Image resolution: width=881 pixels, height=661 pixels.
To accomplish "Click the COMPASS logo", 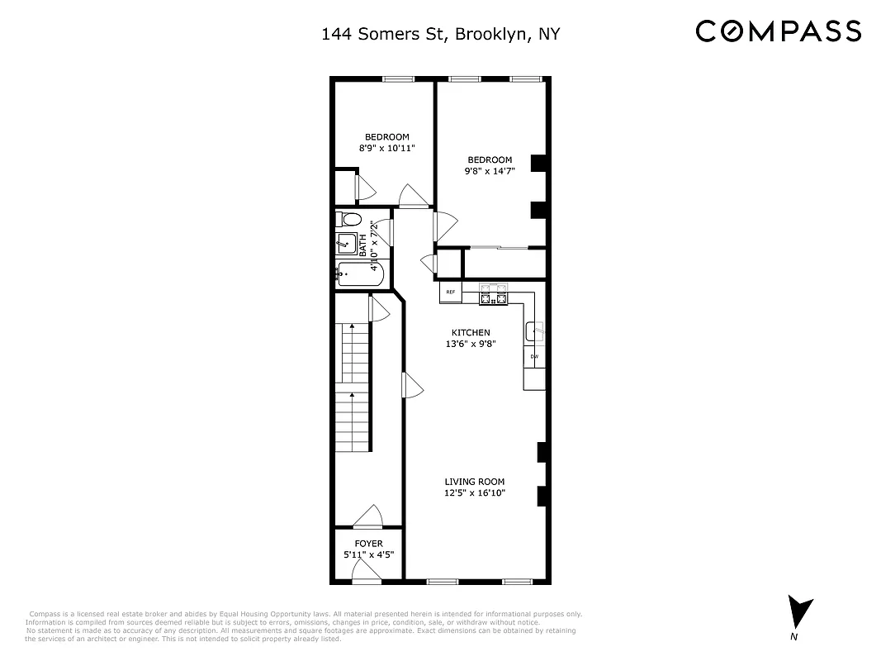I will [778, 31].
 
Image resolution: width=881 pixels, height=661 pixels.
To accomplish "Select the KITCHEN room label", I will [470, 332].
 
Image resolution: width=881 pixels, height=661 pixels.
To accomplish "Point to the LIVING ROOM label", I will [474, 482].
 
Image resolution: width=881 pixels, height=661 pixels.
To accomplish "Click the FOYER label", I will [368, 544].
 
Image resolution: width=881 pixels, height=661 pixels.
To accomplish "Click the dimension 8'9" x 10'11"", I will [386, 148].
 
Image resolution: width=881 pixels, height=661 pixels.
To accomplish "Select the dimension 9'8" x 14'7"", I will [489, 172].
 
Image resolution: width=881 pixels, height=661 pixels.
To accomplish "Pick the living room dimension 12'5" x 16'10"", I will [474, 493].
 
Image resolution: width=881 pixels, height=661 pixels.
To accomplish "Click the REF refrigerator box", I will [451, 292].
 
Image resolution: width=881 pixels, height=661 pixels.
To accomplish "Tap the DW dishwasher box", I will [534, 356].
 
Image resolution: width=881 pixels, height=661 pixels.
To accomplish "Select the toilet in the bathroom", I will [348, 220].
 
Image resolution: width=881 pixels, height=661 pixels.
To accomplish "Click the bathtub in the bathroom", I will [360, 273].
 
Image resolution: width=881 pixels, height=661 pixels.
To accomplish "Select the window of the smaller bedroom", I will [398, 79].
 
